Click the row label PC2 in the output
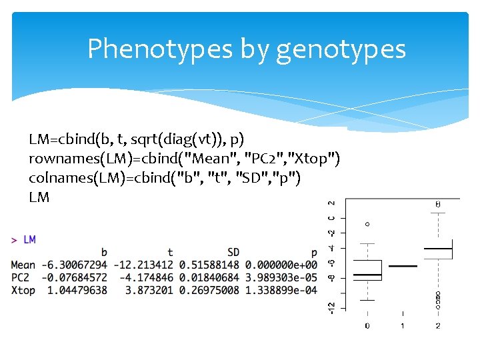(x=21, y=277)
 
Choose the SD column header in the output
(x=233, y=252)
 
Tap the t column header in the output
(x=170, y=252)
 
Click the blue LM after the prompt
(x=29, y=239)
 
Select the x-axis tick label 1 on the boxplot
(x=403, y=326)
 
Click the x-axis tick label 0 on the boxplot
(x=367, y=326)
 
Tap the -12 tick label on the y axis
(x=331, y=307)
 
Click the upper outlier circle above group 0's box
(x=367, y=224)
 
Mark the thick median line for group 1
(x=403, y=266)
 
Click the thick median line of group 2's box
(x=438, y=249)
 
